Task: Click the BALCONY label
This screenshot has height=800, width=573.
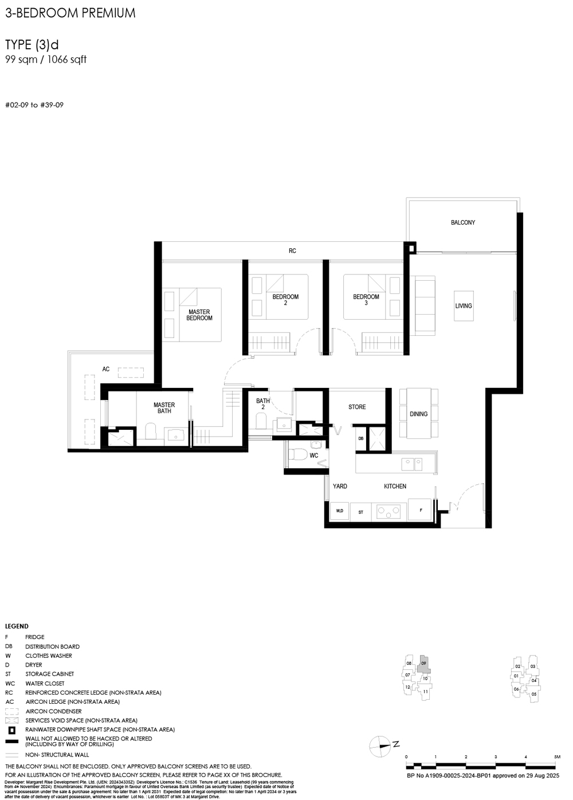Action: click(462, 222)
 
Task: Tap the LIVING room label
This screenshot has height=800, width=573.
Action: click(464, 306)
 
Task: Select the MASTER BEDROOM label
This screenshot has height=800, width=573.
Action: click(199, 315)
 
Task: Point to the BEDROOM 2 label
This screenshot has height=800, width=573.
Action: click(285, 300)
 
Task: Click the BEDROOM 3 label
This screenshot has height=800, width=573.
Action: click(366, 300)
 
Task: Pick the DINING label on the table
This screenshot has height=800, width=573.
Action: click(418, 414)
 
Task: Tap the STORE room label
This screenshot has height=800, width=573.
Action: click(357, 407)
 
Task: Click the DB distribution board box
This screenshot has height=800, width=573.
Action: click(360, 438)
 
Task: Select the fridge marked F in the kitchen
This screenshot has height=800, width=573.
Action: click(421, 509)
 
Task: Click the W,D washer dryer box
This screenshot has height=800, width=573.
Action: click(340, 511)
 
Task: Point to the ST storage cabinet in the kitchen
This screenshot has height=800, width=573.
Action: click(360, 512)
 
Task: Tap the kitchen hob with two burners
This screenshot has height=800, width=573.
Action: click(389, 511)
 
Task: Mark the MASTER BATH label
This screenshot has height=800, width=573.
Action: click(164, 408)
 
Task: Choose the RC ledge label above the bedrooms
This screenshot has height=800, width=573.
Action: click(292, 251)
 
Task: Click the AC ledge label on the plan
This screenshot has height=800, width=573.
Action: click(106, 369)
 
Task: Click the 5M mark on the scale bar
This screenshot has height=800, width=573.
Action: click(556, 757)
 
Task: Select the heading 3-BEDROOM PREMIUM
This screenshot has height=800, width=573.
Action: click(70, 13)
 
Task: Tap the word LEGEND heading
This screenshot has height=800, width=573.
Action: click(17, 626)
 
